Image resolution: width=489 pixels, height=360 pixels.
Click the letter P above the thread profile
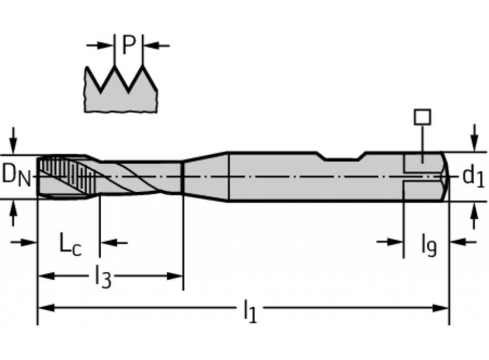point(128,45)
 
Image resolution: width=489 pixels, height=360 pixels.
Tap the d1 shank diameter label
point(472,177)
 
